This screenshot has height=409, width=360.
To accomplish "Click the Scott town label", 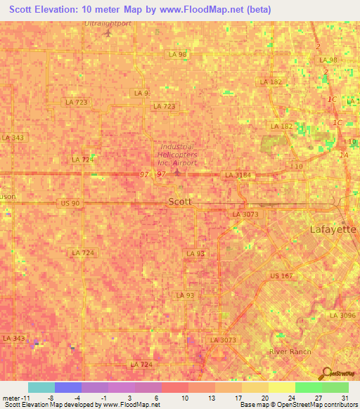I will click(x=180, y=202).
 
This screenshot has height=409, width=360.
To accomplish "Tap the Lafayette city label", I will click(x=333, y=230).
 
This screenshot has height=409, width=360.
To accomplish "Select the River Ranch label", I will click(x=288, y=351).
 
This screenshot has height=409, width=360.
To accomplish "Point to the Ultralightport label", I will click(x=108, y=23).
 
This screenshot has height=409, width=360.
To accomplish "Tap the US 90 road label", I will click(x=70, y=203).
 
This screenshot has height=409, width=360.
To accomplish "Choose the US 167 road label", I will click(x=281, y=276).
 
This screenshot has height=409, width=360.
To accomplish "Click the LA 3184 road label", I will click(x=238, y=175).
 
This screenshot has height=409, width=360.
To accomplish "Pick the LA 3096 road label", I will click(x=347, y=316).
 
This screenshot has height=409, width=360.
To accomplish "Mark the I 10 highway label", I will click(x=295, y=166).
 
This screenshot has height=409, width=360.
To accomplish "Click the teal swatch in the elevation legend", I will click(x=41, y=387).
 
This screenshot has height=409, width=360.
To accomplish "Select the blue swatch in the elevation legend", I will click(x=68, y=387).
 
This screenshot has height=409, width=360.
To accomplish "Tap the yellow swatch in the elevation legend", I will click(x=282, y=387).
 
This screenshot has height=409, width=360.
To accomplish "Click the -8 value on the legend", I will click(x=51, y=397).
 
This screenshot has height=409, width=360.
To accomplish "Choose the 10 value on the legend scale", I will click(x=184, y=397).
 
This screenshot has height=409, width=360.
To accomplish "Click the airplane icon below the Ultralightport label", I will click(x=108, y=33).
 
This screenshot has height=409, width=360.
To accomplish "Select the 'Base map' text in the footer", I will click(x=254, y=405).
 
